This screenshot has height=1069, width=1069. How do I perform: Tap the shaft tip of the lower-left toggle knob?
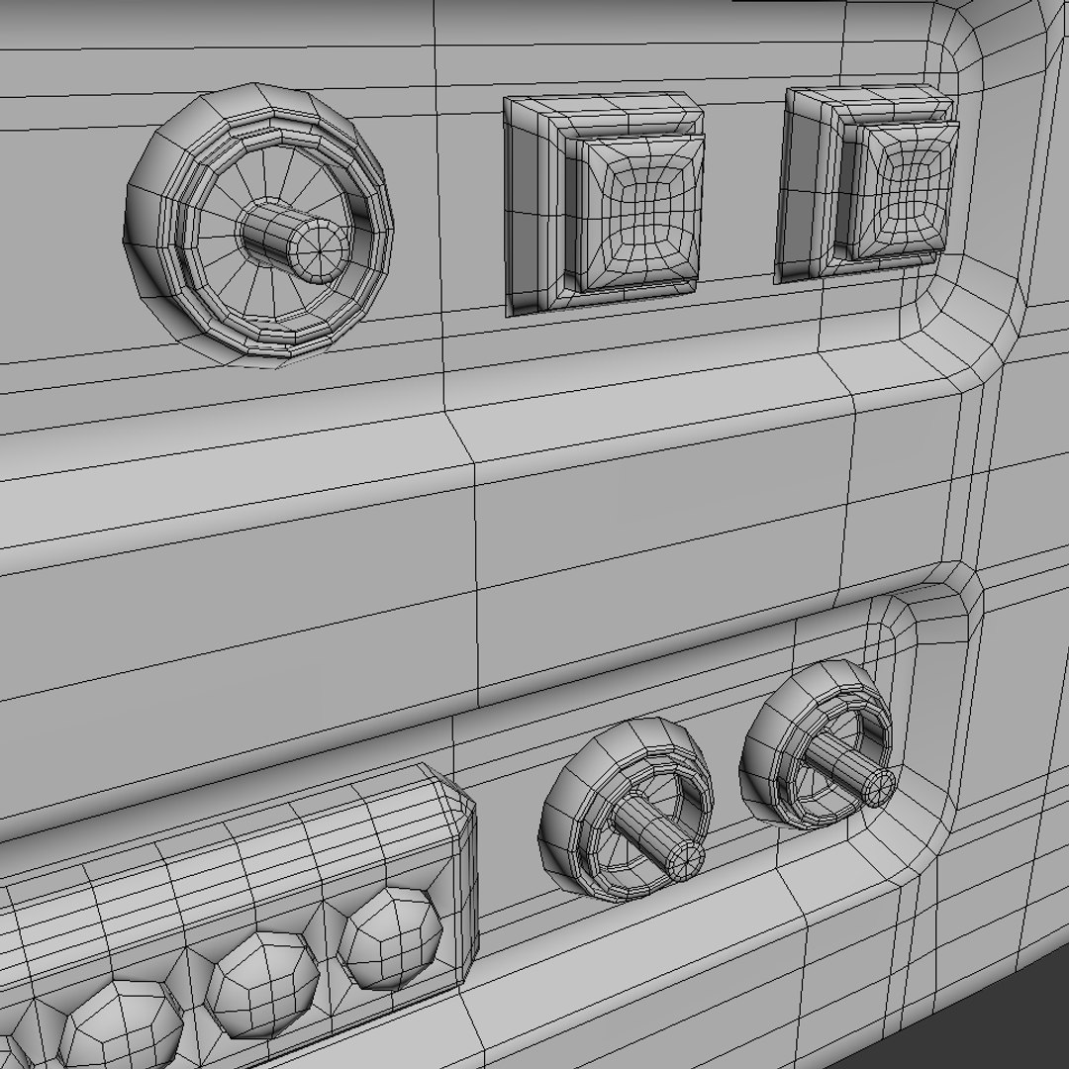[683, 859]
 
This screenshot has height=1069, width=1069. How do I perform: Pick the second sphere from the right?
[263, 984]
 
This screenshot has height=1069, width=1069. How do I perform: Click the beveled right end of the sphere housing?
[461, 871]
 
